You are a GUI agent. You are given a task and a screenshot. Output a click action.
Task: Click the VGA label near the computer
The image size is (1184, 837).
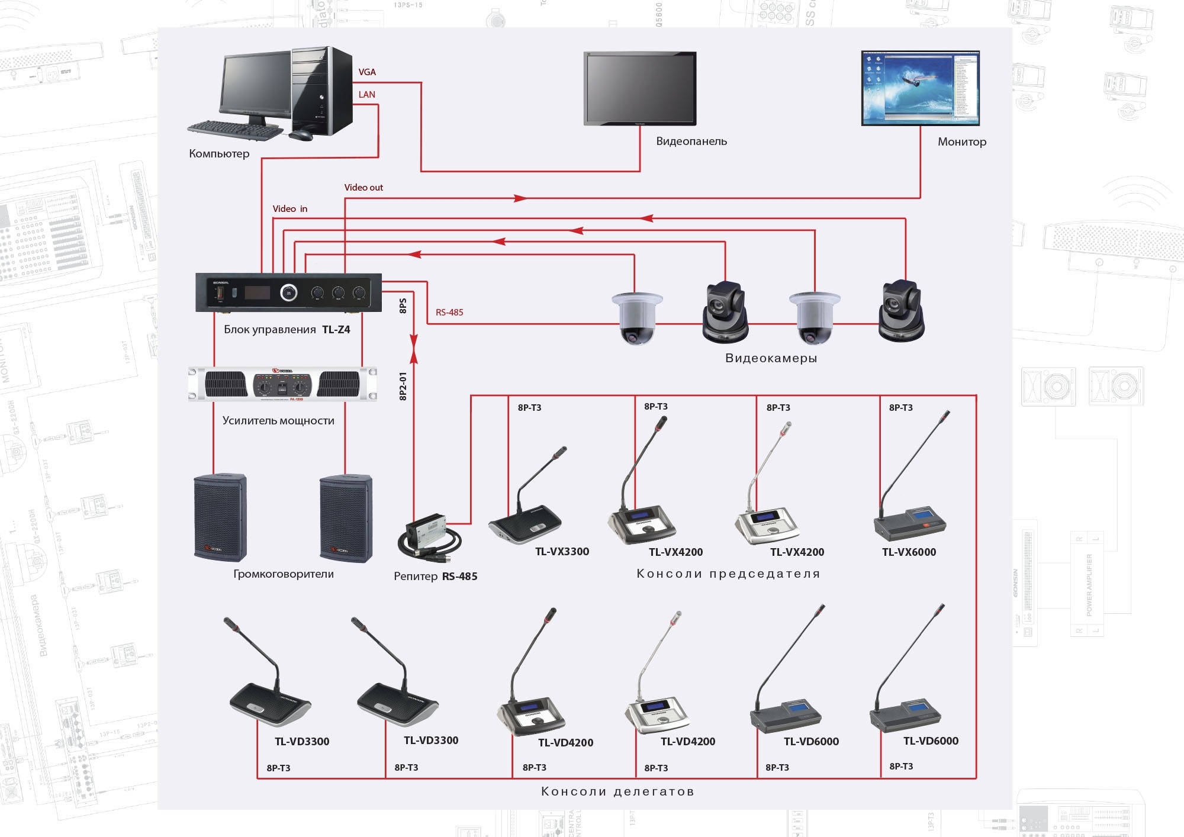click(x=367, y=72)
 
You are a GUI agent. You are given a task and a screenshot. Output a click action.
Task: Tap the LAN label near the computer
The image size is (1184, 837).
click(x=366, y=95)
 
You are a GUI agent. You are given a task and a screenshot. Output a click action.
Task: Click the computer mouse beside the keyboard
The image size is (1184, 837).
click(x=301, y=135)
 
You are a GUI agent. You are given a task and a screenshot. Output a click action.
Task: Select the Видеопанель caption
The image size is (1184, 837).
click(x=691, y=141)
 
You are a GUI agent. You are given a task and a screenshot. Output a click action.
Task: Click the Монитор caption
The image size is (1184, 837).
click(x=961, y=142)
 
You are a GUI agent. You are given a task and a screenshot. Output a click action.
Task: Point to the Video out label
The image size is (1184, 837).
click(x=363, y=188)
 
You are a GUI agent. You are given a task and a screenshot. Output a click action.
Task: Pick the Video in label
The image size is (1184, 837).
click(x=289, y=209)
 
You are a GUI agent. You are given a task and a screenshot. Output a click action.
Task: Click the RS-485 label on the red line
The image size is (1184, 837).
click(x=449, y=313)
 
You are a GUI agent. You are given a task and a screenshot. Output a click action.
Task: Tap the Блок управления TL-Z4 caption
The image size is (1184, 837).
click(x=287, y=330)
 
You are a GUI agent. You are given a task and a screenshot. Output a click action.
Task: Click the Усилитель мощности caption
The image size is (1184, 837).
click(x=278, y=421)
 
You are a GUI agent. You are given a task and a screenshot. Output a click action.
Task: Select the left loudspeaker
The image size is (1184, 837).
click(x=220, y=517)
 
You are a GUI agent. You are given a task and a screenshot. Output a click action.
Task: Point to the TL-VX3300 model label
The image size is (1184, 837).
click(x=562, y=552)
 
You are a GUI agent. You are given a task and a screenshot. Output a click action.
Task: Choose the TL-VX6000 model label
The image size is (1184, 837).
click(x=909, y=552)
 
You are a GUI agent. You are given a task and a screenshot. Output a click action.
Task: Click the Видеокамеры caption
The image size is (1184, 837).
click(x=771, y=358)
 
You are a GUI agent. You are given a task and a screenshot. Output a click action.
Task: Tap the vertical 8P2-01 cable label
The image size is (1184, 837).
click(x=403, y=386)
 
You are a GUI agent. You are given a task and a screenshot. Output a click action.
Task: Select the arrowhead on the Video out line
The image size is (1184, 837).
click(x=520, y=198)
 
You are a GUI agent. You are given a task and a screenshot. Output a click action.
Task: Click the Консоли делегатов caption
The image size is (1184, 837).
click(x=617, y=791)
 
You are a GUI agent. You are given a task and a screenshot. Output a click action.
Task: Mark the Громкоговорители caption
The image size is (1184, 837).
click(x=283, y=574)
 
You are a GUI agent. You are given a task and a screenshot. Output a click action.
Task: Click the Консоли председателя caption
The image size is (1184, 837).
click(x=728, y=574)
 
